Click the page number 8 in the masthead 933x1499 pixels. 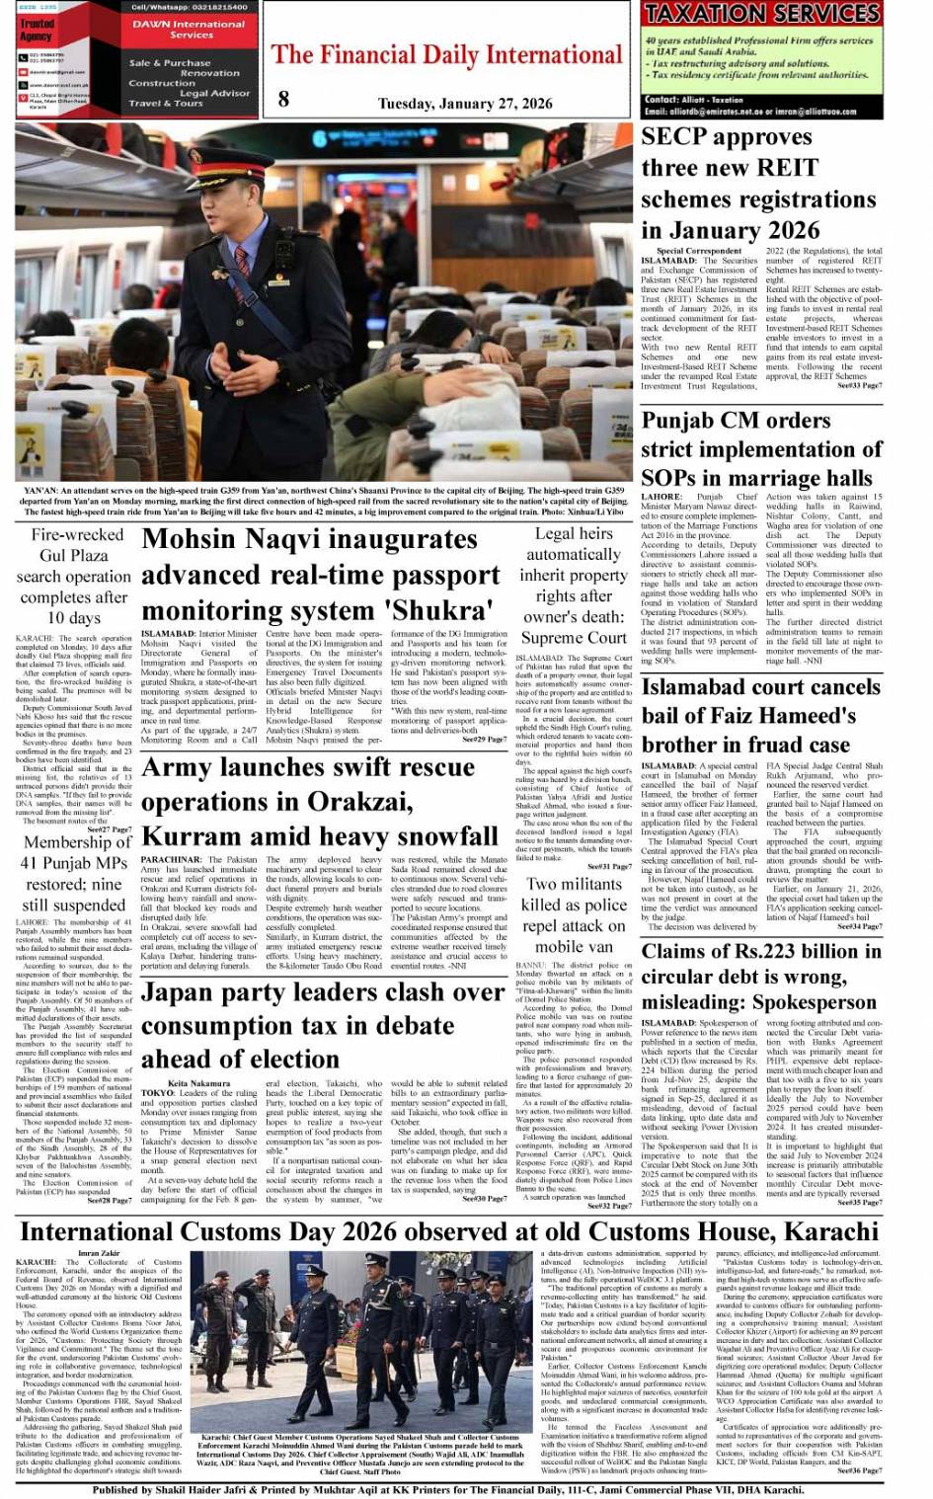284,97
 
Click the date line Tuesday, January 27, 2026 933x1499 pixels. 464,103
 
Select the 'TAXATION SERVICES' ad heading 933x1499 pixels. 761,14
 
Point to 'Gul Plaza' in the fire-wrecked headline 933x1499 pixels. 74,556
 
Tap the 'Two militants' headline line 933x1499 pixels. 574,884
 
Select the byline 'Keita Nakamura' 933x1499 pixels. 172,1083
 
